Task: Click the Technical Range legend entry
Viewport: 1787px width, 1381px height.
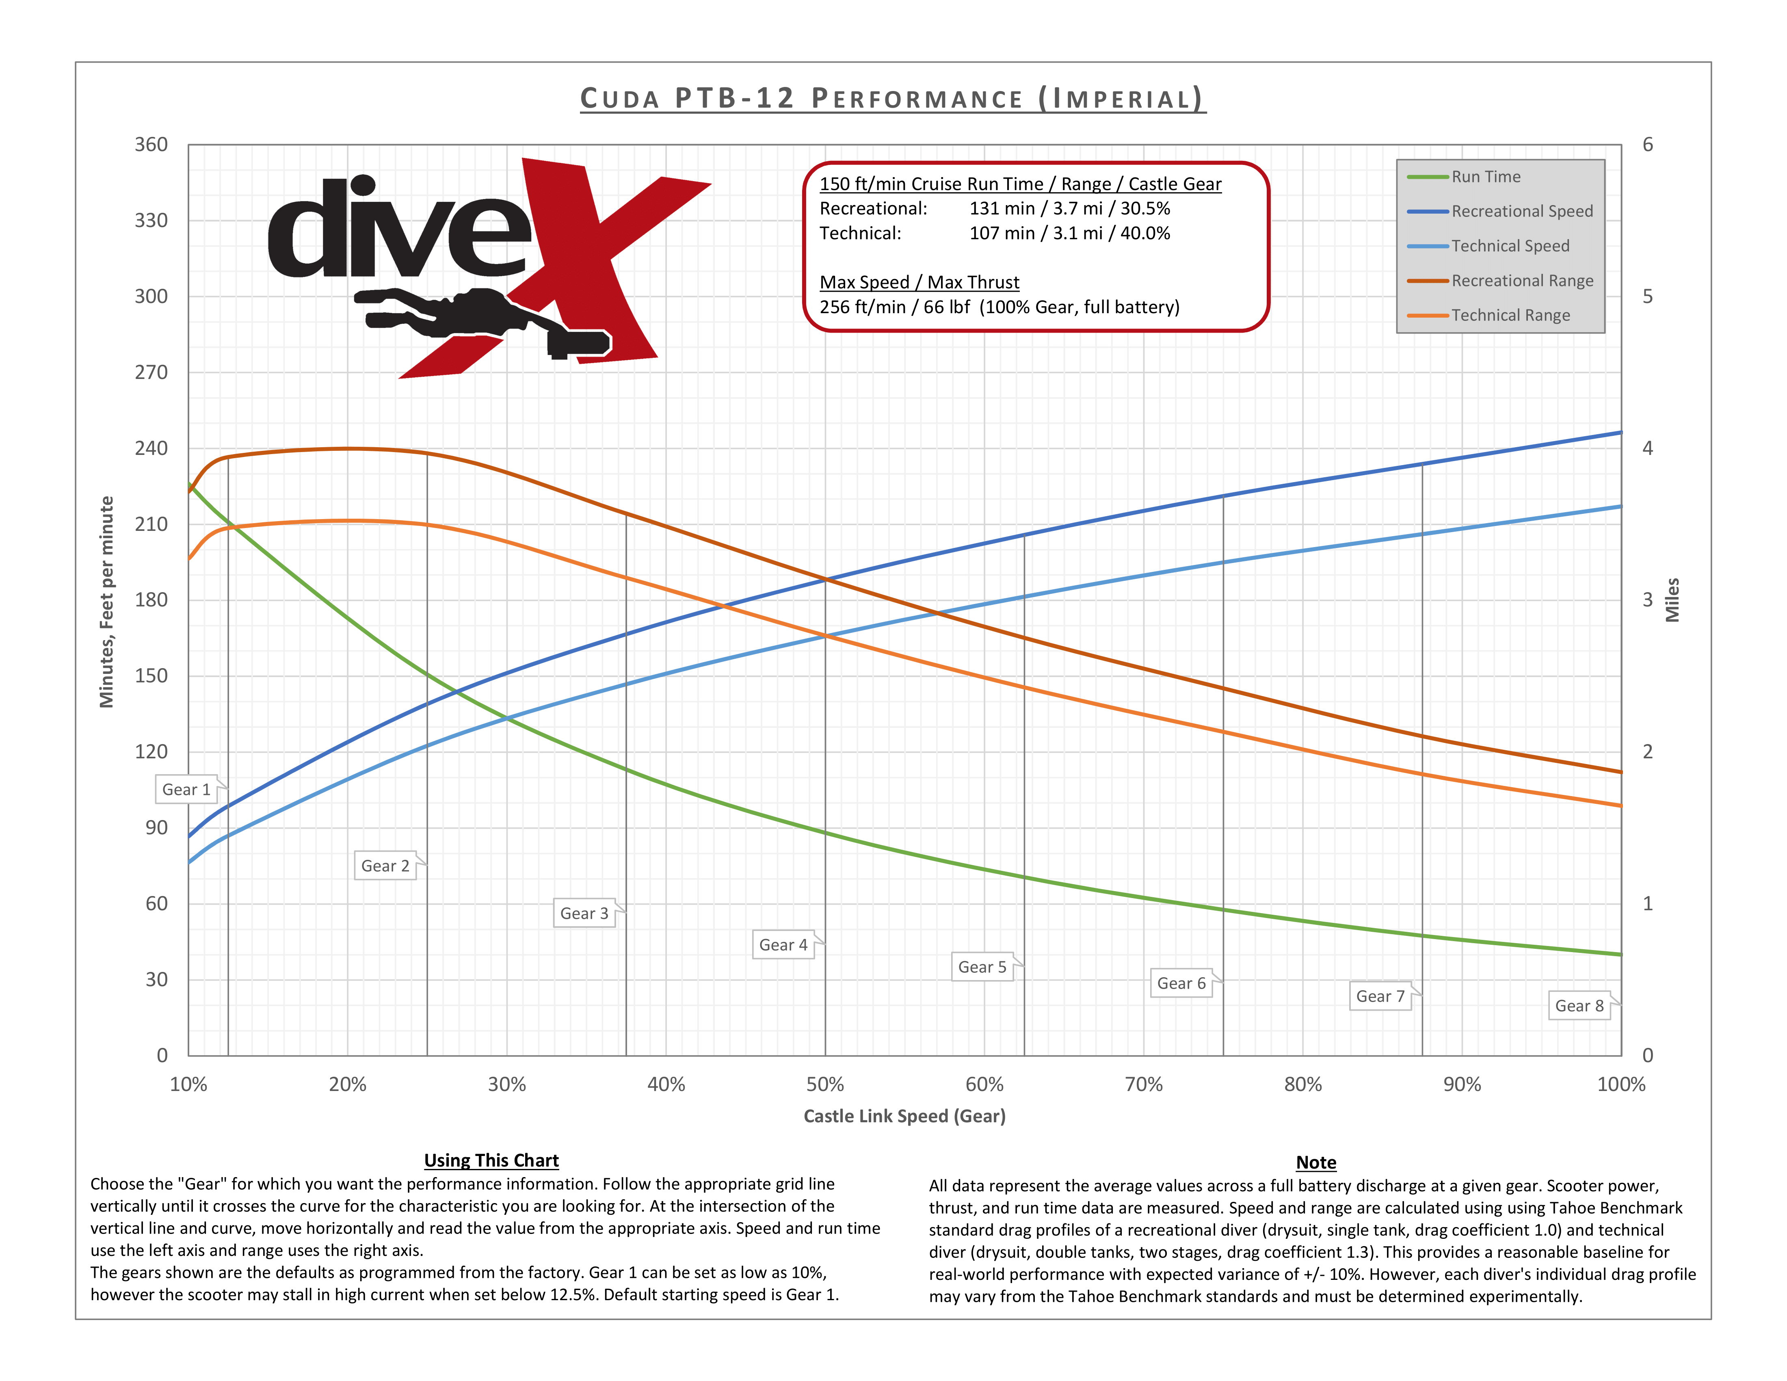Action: [1510, 315]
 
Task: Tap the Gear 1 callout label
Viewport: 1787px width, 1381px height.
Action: [186, 790]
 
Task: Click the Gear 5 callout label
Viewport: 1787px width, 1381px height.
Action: [982, 967]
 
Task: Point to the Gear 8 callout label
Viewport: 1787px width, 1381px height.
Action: [1578, 1005]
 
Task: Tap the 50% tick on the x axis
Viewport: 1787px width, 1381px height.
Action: [825, 1085]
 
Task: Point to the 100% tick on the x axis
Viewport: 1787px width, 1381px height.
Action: [1620, 1085]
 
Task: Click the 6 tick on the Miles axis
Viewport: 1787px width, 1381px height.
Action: [1647, 145]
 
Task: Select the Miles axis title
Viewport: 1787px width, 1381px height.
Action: [1672, 600]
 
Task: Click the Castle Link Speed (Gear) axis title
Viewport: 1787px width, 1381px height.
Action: [904, 1116]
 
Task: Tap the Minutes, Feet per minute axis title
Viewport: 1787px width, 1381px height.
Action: [106, 601]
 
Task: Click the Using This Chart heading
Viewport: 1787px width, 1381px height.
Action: [491, 1160]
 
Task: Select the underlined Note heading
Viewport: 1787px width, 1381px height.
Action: [1316, 1162]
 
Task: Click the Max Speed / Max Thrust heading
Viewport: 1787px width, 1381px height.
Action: [919, 282]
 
